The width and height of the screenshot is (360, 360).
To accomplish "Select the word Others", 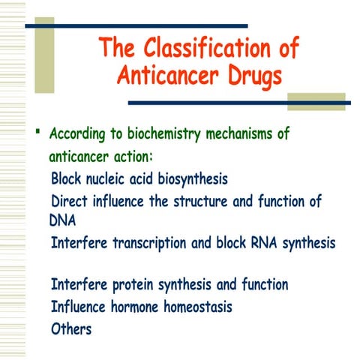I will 71,328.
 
